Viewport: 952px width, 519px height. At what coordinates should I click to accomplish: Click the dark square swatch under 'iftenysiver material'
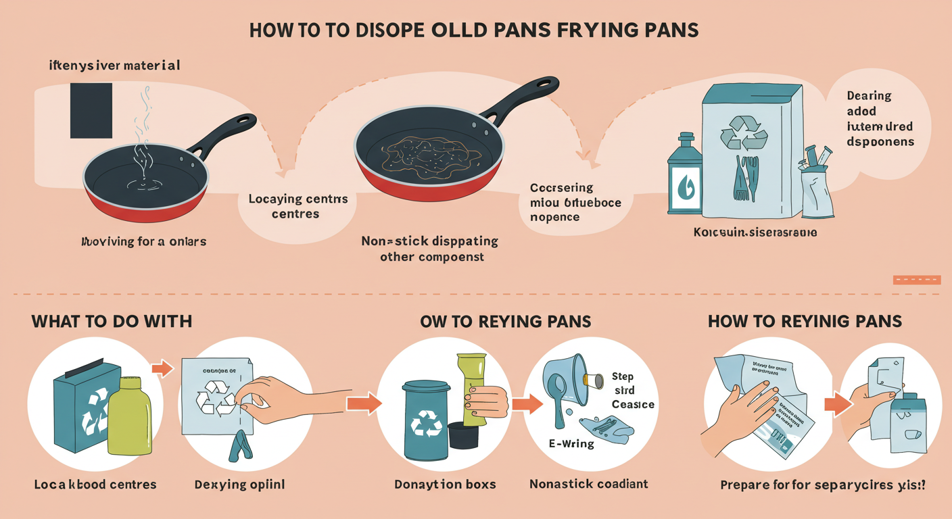tap(91, 111)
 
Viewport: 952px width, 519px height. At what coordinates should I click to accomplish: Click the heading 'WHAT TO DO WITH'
tap(112, 321)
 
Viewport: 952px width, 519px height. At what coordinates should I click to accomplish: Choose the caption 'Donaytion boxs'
tap(446, 484)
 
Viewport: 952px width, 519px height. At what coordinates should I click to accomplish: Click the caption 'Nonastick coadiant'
tap(588, 484)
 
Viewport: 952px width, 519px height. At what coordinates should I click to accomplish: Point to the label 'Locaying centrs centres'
tap(298, 207)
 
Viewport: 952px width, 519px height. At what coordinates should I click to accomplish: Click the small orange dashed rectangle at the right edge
tap(917, 280)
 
